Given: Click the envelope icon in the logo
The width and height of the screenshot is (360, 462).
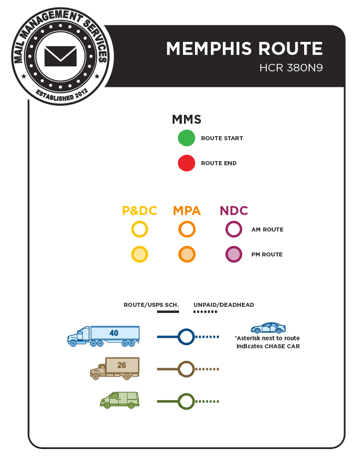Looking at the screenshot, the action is [60, 56].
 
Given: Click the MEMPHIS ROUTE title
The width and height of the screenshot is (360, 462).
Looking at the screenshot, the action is [244, 49].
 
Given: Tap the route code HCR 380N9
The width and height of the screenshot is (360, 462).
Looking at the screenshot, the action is [291, 68].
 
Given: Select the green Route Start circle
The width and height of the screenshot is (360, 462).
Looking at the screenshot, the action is [186, 138].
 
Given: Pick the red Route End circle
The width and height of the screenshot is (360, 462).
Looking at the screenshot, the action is [186, 163].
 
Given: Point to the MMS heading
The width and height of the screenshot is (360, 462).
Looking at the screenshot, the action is [186, 119].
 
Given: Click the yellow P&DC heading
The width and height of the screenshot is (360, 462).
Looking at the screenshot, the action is [140, 211].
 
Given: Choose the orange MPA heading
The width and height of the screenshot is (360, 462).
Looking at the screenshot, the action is [187, 211].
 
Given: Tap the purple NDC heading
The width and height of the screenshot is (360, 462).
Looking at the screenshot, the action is [234, 211].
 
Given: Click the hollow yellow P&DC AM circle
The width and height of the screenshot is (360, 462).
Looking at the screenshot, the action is [140, 230].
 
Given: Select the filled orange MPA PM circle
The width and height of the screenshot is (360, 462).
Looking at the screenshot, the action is [187, 254].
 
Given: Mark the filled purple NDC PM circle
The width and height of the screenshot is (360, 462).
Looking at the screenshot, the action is [234, 254].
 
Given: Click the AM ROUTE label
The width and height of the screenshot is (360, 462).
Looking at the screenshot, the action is [267, 230].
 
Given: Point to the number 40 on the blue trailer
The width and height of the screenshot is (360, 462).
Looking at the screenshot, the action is [114, 333].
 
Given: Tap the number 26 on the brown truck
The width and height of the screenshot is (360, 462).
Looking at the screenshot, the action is [122, 365].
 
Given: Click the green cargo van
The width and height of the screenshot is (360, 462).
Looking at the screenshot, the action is [120, 400].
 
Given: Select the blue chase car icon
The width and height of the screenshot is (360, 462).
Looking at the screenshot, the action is [268, 328].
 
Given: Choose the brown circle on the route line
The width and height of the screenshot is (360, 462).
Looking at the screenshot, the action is [186, 369].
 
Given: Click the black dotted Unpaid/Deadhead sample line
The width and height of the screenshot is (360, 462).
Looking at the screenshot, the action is [205, 312].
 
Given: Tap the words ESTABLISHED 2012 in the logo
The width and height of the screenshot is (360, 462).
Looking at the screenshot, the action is [62, 95].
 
